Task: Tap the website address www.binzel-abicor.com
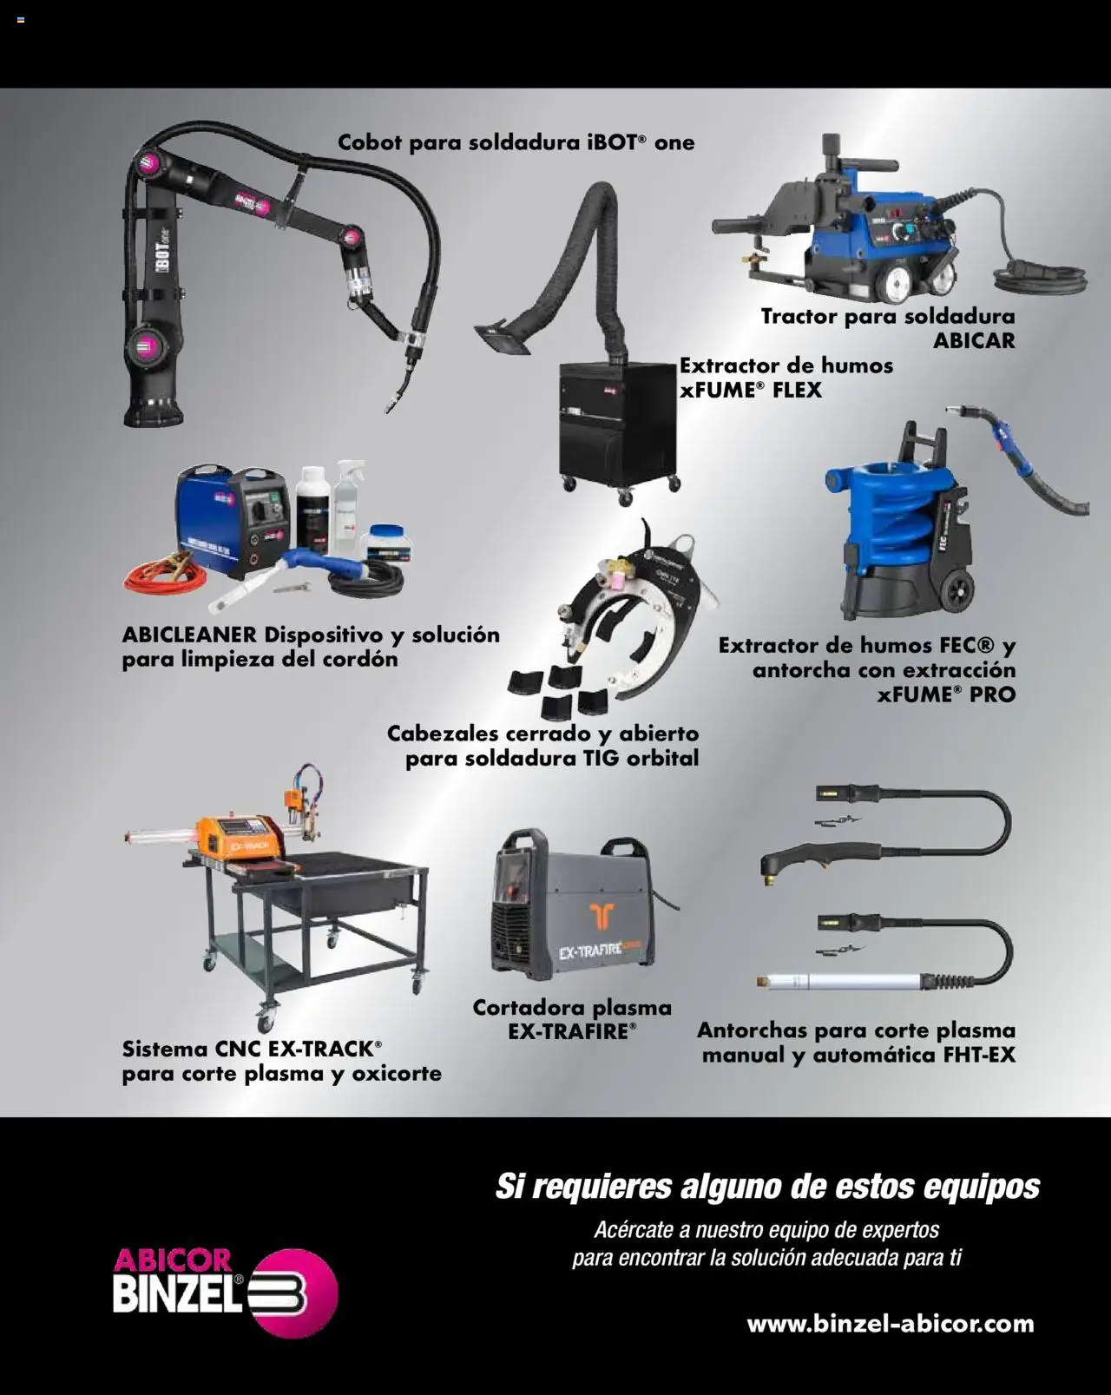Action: tap(890, 1324)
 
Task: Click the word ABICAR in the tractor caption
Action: tap(973, 340)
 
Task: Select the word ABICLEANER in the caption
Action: tap(188, 635)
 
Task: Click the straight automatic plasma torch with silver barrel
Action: tap(833, 981)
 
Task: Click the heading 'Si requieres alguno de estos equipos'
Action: tap(767, 1186)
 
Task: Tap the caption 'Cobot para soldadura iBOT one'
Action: tap(516, 142)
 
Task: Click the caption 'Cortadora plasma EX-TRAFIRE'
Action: tap(571, 1019)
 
